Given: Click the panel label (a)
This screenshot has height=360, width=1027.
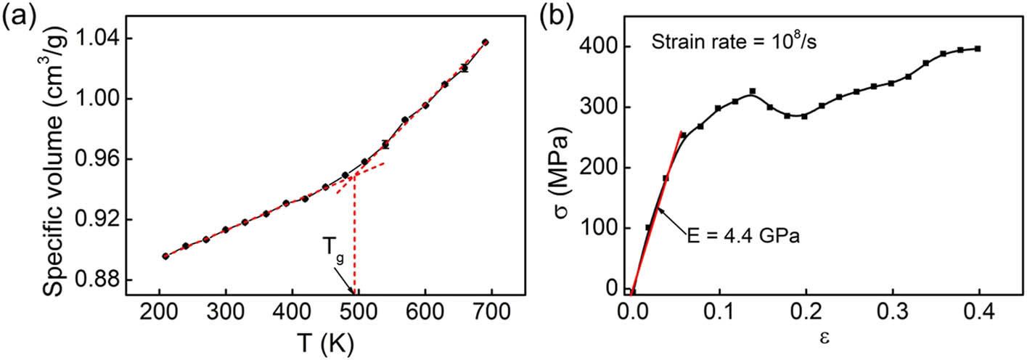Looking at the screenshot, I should click(x=15, y=16).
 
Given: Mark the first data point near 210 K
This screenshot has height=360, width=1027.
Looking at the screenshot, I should click(x=165, y=256).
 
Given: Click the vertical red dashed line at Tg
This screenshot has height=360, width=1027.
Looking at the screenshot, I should click(x=354, y=232).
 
